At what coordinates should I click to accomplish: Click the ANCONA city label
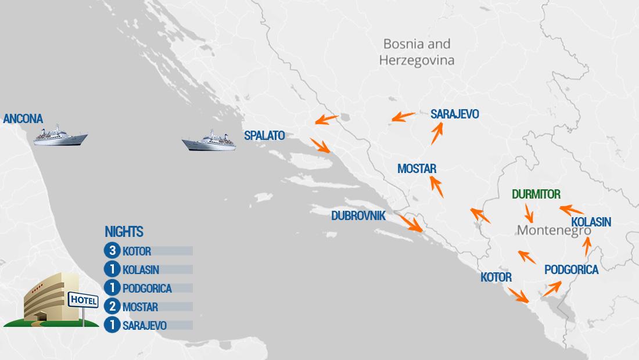[x=23, y=119]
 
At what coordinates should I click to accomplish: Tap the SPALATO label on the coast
[x=264, y=136]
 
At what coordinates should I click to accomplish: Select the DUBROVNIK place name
[x=358, y=215]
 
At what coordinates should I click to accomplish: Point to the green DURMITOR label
[x=536, y=195]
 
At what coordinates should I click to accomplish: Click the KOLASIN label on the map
[x=591, y=222]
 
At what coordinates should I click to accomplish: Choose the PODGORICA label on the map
[x=571, y=270]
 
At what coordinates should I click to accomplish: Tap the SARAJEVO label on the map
[x=455, y=114]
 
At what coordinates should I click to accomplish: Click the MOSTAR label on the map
[x=417, y=169]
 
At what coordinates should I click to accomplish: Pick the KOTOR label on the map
[x=496, y=278]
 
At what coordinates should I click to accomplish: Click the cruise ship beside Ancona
[x=60, y=135]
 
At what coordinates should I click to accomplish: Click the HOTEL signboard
[x=81, y=300]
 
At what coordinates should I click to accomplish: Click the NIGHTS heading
[x=124, y=232]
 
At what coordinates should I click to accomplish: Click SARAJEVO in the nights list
[x=145, y=326]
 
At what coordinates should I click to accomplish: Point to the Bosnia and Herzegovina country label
[x=417, y=52]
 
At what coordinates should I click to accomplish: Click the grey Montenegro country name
[x=554, y=230]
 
